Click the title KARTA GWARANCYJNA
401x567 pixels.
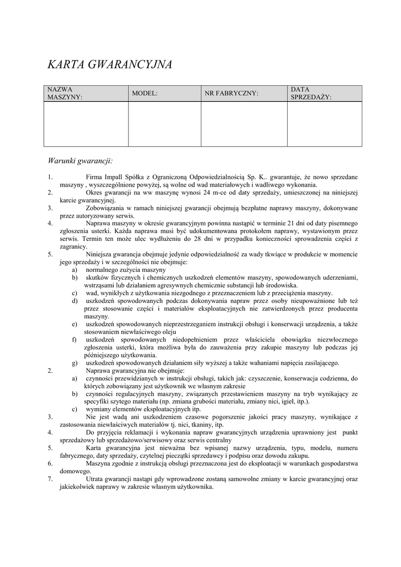coord(110,64)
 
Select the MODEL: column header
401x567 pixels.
coord(145,93)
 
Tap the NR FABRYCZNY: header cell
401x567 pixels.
coord(232,93)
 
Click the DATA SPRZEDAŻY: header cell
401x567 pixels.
coord(311,93)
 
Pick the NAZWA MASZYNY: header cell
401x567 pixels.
coord(64,93)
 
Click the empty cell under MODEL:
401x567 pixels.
coord(164,123)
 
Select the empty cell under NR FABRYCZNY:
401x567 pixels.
coord(243,123)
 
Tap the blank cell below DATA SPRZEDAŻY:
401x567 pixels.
coord(324,123)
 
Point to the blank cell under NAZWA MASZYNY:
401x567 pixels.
coord(86,123)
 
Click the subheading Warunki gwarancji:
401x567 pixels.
coord(80,161)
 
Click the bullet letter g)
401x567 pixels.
coord(74,363)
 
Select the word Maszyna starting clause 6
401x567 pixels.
coord(99,463)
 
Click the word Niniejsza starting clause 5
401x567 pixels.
coord(101,255)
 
